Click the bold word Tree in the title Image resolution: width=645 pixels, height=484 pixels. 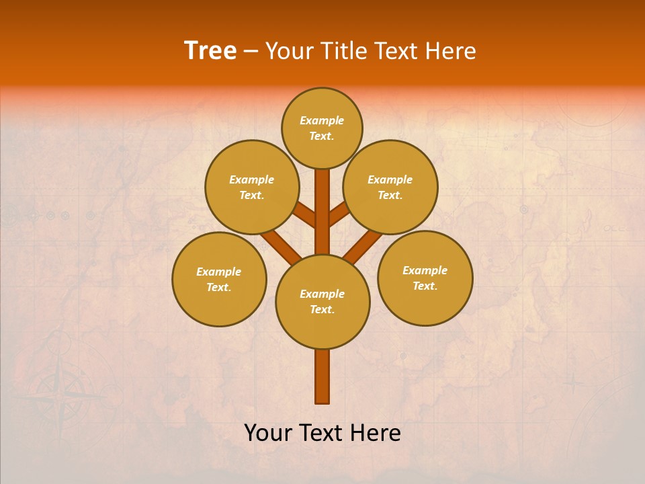tap(210, 50)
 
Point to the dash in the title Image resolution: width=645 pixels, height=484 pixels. tap(251, 51)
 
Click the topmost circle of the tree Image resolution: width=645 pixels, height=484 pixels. tap(322, 128)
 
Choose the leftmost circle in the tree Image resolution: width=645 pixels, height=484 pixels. tap(219, 279)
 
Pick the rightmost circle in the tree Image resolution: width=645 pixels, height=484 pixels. tap(425, 278)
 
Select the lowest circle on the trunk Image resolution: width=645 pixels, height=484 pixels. tap(322, 302)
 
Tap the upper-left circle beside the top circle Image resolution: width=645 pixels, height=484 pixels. tap(252, 187)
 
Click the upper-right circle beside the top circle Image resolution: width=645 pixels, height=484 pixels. tap(390, 187)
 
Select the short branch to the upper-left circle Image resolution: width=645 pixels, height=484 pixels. tap(306, 215)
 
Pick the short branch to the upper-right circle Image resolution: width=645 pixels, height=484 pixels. tap(339, 214)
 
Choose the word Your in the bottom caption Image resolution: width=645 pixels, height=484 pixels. tap(267, 433)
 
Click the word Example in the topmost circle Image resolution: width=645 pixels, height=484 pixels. tap(322, 120)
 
